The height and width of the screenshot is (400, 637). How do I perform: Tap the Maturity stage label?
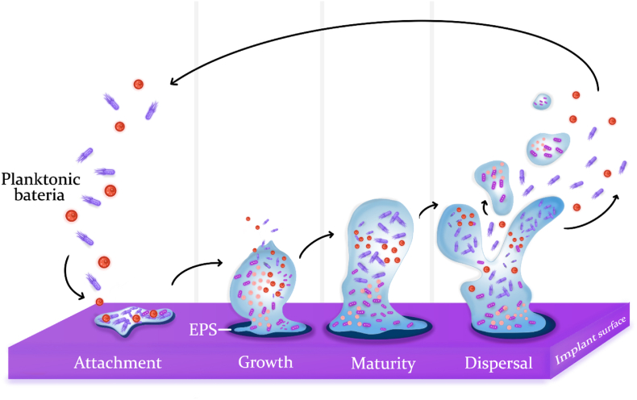tap(383, 364)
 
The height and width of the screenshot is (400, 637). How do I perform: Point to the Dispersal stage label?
tap(498, 363)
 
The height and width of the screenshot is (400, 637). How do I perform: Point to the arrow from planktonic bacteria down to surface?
tap(71, 278)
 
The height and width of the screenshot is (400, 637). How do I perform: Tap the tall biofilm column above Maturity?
tap(375, 258)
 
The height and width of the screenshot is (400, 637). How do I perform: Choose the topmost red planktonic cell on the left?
tap(138, 84)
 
